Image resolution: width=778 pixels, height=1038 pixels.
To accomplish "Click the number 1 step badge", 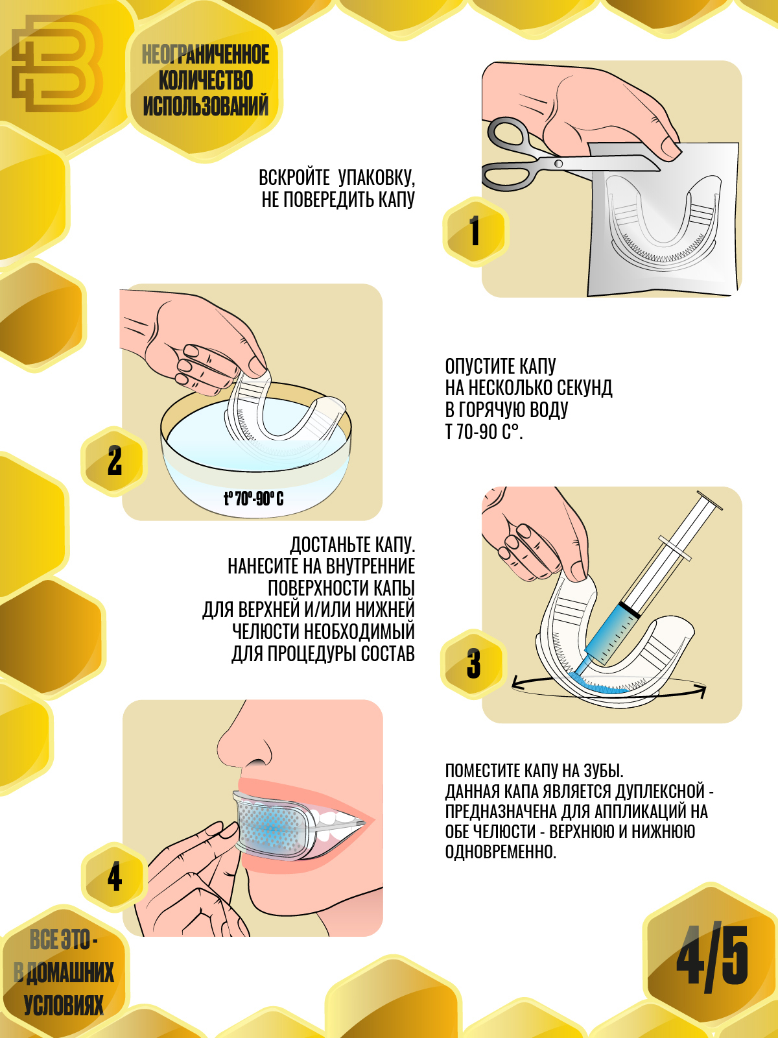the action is click(475, 232).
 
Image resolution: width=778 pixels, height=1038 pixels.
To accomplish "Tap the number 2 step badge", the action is click(114, 461).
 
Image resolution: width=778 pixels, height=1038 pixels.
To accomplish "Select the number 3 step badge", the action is click(474, 664).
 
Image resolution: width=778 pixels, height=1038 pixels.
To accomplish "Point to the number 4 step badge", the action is click(115, 877).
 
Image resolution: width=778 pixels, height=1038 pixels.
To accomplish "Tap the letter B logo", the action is click(58, 64).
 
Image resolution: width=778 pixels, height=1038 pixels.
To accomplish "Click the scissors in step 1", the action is click(567, 156).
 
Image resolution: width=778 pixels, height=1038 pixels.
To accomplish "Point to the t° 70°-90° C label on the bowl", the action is click(253, 498).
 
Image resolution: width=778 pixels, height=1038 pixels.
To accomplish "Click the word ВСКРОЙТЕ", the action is click(294, 178).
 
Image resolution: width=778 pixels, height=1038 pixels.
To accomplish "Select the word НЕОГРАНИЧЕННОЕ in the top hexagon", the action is click(206, 55).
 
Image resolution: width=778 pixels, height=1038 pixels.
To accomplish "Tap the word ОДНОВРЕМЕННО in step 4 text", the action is click(501, 852).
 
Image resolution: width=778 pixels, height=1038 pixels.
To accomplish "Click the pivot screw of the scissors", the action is click(558, 163).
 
